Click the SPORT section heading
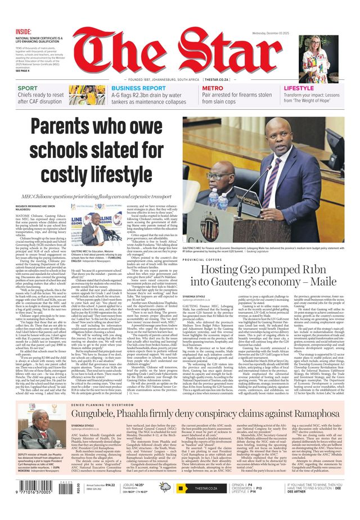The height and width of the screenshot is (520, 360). tap(28, 88)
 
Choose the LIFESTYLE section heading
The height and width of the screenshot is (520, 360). tap(299, 88)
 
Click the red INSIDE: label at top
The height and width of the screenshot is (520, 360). tap(24, 31)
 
